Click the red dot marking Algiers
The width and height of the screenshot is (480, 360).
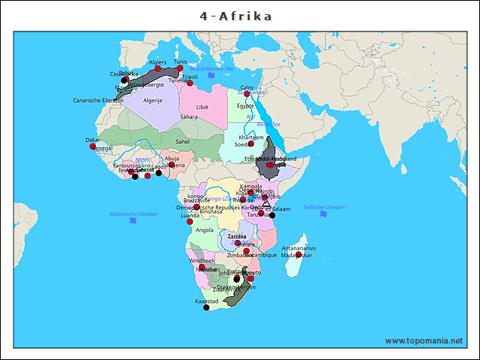(158, 69)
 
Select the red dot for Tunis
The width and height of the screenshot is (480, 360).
(180, 68)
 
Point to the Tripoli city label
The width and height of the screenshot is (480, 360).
(190, 76)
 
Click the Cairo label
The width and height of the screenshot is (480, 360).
(247, 88)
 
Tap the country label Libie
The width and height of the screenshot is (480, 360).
(202, 107)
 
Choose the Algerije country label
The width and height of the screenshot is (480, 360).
(152, 100)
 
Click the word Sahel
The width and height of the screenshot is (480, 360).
(182, 141)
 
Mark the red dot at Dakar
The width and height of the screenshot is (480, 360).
(93, 146)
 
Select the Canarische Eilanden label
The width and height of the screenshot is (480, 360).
(97, 100)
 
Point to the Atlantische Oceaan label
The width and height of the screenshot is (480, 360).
(133, 214)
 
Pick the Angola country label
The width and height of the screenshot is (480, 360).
(205, 230)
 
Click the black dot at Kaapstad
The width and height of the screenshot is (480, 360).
(206, 307)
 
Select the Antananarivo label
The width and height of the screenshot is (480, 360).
(298, 247)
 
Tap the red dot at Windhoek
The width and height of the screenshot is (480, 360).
(202, 267)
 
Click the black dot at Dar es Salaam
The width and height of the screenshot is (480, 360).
(272, 215)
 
